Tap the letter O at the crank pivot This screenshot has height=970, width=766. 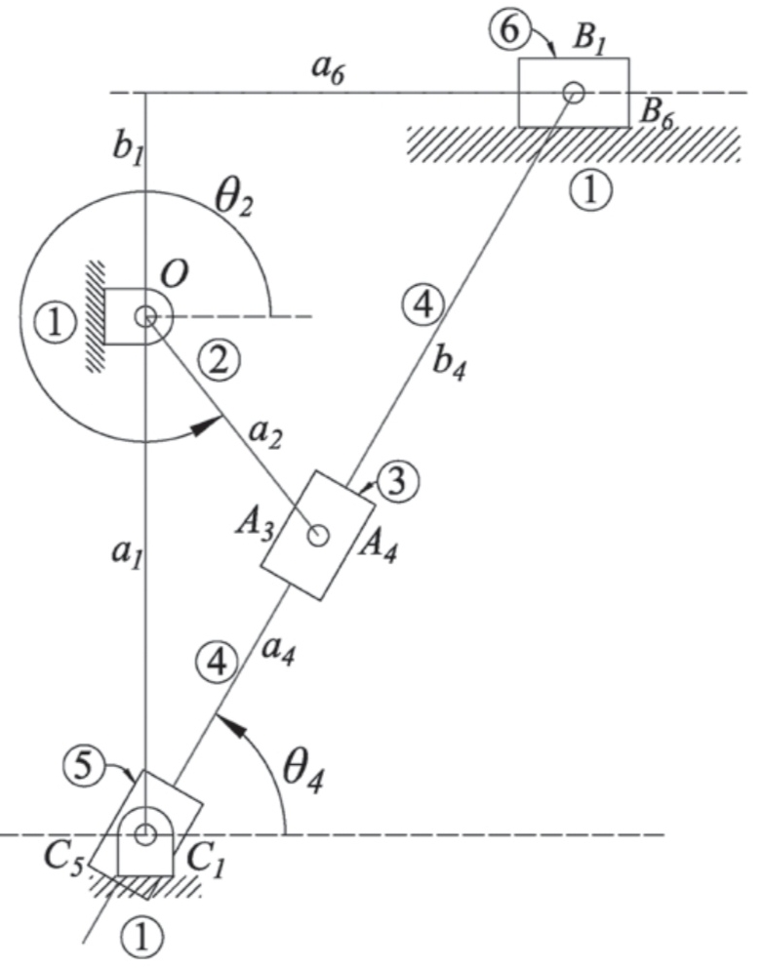tap(177, 278)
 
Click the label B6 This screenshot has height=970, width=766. tap(656, 111)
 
